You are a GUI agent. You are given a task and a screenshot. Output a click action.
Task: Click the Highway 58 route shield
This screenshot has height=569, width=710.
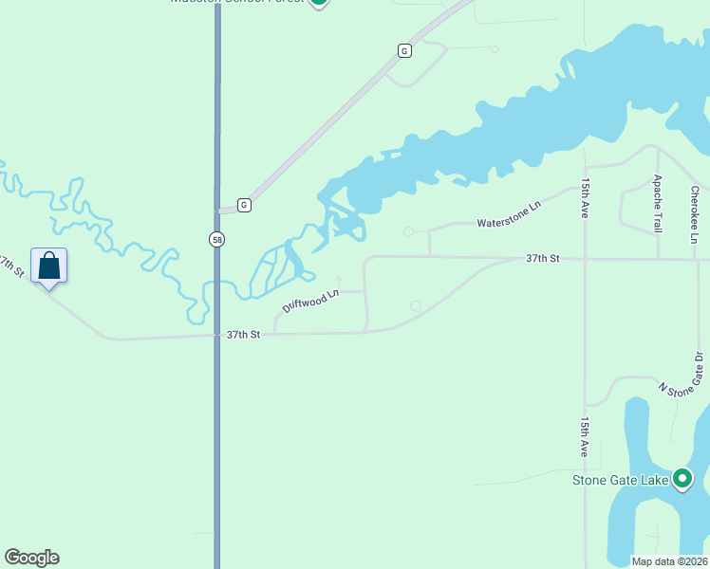(x=217, y=240)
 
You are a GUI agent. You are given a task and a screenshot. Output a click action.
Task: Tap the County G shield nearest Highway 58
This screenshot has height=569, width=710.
(x=244, y=205)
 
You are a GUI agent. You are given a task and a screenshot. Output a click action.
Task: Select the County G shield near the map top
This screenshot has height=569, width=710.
(x=404, y=50)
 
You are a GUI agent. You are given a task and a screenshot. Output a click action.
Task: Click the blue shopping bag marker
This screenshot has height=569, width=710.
(x=48, y=266)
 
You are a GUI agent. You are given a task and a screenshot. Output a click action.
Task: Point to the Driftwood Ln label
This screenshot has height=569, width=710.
(x=310, y=303)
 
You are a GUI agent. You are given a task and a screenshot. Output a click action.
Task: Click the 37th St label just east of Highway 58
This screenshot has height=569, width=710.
(x=243, y=335)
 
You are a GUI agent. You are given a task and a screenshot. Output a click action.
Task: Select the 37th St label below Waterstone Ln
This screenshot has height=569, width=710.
(x=544, y=258)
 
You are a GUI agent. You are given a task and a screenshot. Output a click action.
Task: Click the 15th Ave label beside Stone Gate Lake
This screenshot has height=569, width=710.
(x=586, y=437)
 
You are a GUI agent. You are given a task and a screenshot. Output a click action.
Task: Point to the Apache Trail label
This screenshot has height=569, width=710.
(x=657, y=204)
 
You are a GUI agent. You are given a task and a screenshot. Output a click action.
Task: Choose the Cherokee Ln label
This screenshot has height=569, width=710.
(x=695, y=214)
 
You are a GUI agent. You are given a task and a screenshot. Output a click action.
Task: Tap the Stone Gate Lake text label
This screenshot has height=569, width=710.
(x=620, y=480)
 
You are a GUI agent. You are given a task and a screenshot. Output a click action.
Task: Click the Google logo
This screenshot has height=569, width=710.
(x=31, y=558)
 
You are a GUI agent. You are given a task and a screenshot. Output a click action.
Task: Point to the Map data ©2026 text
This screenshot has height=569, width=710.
(x=668, y=561)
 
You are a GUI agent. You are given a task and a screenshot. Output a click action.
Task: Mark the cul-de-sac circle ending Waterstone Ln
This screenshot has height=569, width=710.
(x=409, y=231)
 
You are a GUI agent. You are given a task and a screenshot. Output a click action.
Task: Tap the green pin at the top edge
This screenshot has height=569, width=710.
(x=319, y=2)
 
